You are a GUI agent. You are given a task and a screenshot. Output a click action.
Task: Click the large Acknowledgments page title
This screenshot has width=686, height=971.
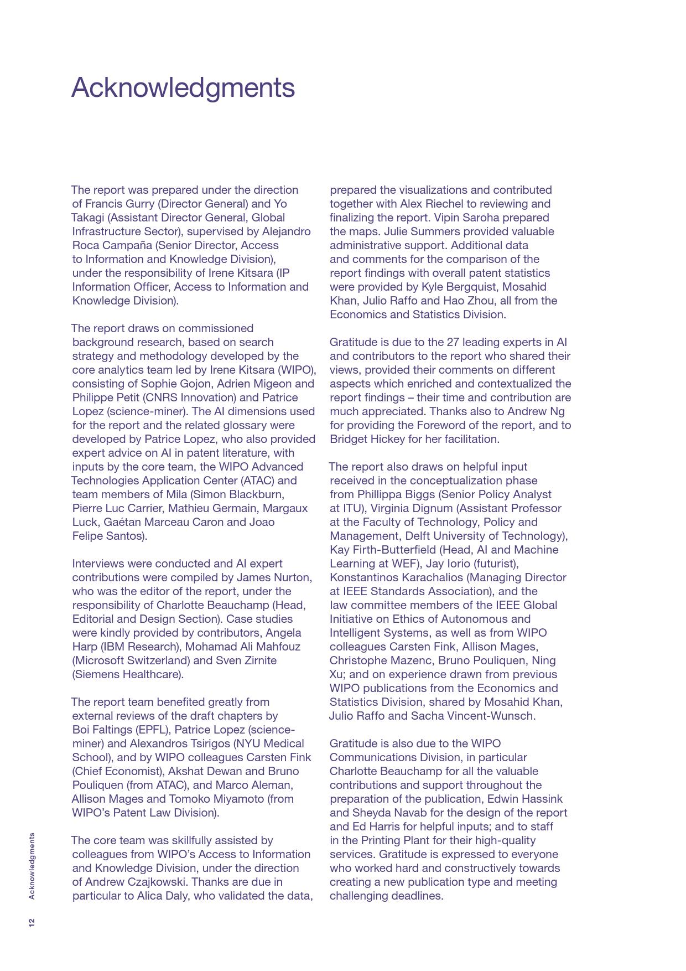[x=183, y=88]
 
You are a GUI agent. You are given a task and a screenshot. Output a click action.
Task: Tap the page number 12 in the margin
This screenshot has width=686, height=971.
[x=32, y=922]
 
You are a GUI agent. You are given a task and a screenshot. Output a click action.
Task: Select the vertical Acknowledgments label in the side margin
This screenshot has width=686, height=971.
[x=32, y=866]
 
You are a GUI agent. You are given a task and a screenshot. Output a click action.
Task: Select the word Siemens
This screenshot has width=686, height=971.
[x=96, y=674]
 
